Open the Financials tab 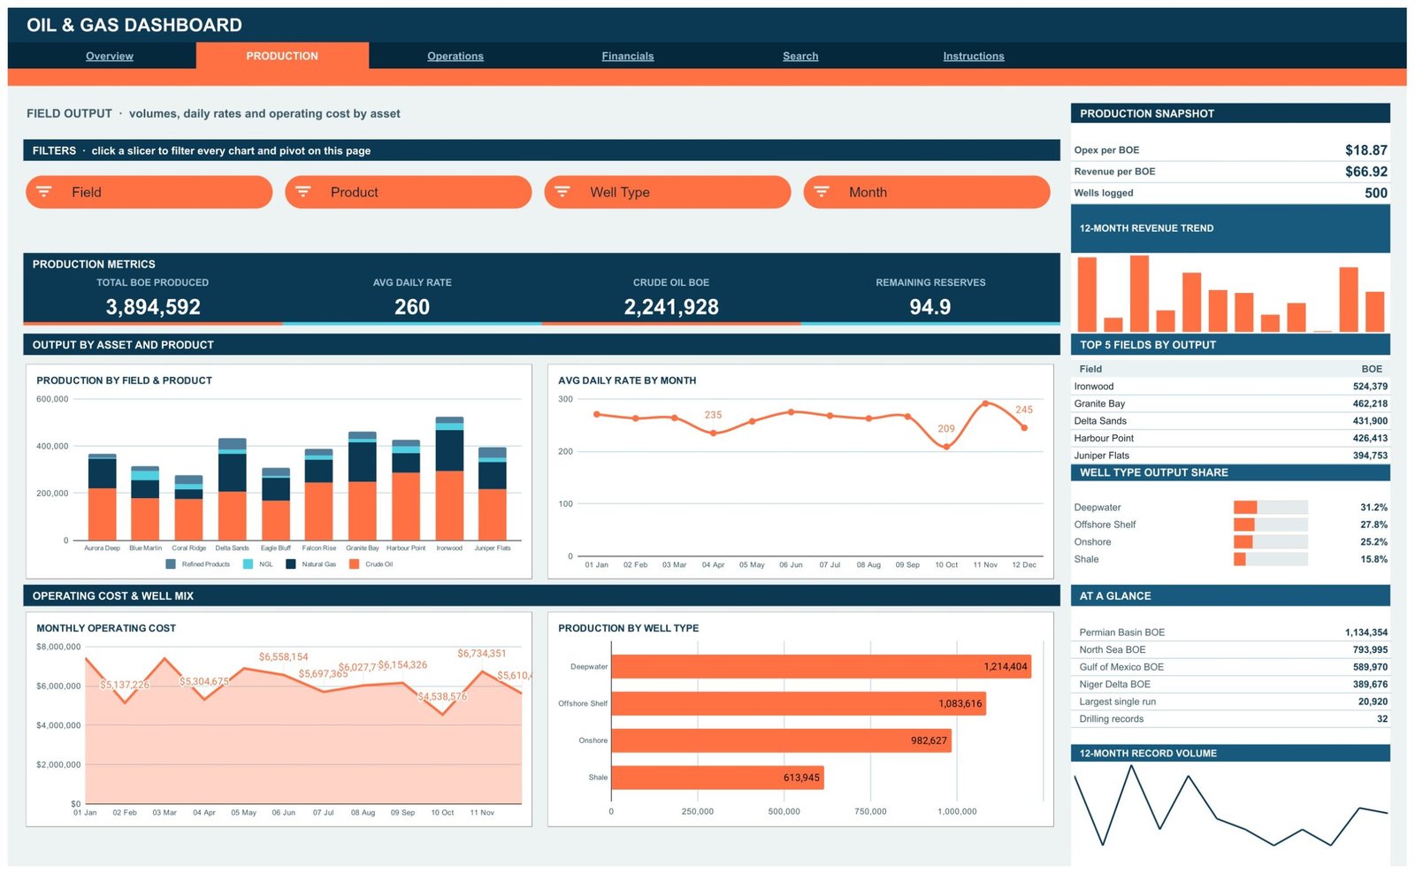click(x=627, y=57)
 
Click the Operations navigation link click(x=455, y=57)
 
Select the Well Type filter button click(x=667, y=192)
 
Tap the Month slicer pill click(x=927, y=192)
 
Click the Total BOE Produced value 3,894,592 click(x=153, y=306)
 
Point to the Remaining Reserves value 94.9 click(x=929, y=306)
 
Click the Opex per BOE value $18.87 click(x=1365, y=150)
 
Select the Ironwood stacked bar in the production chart click(x=449, y=479)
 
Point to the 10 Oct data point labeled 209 click(x=946, y=447)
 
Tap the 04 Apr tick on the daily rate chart click(x=713, y=565)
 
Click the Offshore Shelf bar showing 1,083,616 click(x=799, y=703)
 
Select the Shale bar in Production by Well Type click(x=717, y=778)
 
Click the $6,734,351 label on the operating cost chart click(x=481, y=654)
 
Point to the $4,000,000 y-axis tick click(x=58, y=725)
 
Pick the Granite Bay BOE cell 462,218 click(x=1370, y=403)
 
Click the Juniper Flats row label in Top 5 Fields click(x=1101, y=456)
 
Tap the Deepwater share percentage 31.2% click(x=1373, y=508)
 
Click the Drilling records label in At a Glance click(x=1111, y=719)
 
